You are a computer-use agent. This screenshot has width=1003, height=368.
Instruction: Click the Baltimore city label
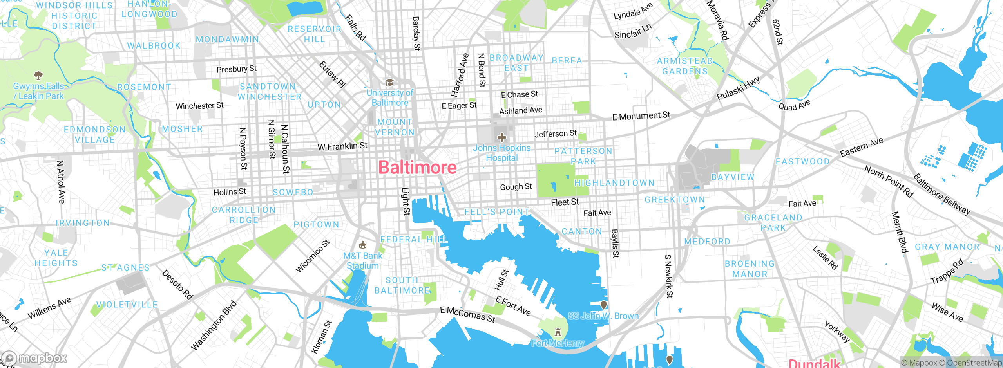pos(417,168)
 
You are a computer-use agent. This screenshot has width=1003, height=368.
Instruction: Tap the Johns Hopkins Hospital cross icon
pos(501,137)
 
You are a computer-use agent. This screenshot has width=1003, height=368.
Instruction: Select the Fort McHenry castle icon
pos(558,333)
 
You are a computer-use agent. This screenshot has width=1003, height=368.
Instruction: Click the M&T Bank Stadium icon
pos(363,245)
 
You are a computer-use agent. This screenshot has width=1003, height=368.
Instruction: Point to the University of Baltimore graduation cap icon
pos(389,83)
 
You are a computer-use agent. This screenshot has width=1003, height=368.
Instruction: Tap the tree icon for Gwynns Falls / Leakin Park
pos(38,75)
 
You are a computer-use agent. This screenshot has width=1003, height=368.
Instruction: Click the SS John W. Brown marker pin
pos(604,305)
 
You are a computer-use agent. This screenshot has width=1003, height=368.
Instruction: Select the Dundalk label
pos(814,363)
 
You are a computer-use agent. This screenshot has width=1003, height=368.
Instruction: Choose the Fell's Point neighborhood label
pos(497,212)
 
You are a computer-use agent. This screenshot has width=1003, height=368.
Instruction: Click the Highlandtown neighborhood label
pos(614,183)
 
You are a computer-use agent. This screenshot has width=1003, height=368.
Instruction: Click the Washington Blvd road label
pos(214,325)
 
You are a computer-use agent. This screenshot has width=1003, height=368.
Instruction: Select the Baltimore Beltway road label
pos(941,194)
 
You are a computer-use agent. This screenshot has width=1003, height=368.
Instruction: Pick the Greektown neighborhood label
pos(675,200)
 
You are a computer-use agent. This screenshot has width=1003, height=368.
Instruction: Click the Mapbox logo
pos(34,358)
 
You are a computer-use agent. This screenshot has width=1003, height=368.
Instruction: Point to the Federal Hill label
pos(414,239)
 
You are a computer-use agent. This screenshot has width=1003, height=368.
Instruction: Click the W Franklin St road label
pos(342,146)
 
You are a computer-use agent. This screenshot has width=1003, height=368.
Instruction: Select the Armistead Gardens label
pos(685,66)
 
